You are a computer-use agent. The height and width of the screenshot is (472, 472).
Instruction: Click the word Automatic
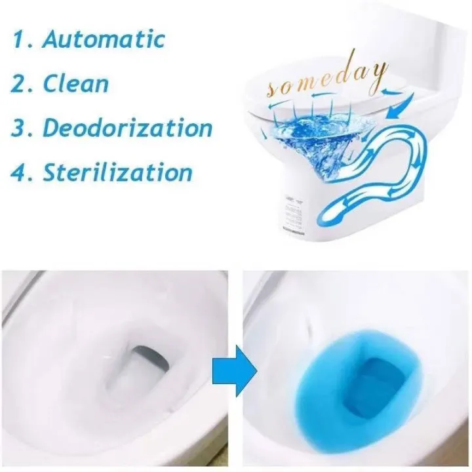tap(104, 39)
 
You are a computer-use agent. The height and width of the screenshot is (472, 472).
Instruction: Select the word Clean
tap(76, 83)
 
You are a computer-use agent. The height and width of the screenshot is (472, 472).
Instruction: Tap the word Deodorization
tap(128, 128)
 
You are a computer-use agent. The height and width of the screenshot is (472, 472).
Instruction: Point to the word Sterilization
tap(118, 172)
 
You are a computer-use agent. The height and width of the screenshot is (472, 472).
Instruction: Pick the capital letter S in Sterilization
tap(52, 172)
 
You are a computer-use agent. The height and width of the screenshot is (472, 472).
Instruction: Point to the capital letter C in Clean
tap(52, 83)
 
